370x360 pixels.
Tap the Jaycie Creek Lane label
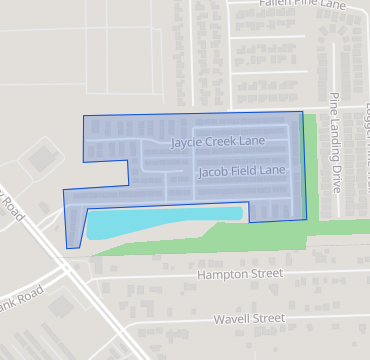[217, 142]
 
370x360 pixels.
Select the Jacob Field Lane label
[242, 171]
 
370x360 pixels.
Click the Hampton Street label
[241, 273]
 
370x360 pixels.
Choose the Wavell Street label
[249, 319]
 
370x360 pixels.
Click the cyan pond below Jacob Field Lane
[160, 220]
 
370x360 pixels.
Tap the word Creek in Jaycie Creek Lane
[217, 142]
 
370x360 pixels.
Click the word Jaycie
[185, 142]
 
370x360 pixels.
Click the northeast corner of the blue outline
[301, 112]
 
